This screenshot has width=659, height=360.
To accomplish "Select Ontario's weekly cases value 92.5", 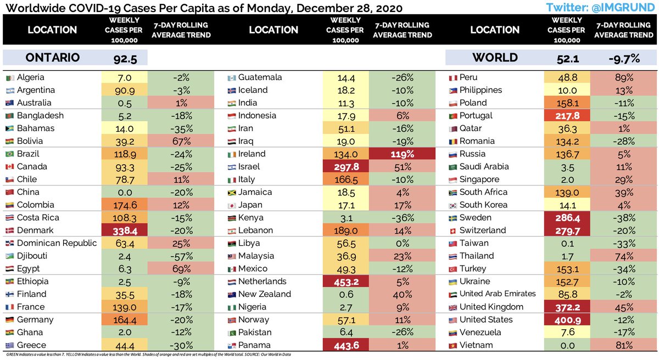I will coord(125,58).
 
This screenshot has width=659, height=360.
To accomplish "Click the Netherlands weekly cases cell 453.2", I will coord(347,282).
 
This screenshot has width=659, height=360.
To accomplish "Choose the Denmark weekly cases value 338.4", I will coord(125,230).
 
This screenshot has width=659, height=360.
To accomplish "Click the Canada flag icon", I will coord(8,167).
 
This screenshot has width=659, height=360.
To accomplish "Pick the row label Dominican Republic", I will coord(57,243).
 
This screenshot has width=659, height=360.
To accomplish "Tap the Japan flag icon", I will coord(231,205).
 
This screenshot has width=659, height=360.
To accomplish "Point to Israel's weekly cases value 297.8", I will coord(347,167).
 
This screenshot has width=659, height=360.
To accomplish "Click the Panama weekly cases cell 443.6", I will coord(347,345).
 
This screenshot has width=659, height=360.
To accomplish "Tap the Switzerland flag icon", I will coord(453,230).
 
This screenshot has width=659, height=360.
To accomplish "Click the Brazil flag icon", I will coord(8,154).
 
